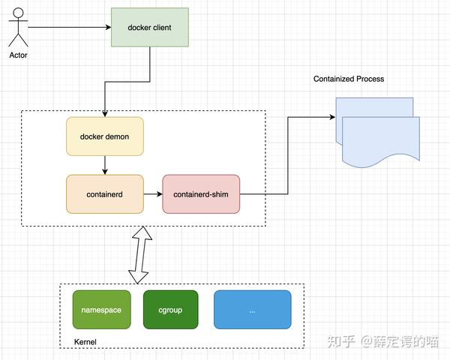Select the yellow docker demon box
(x=104, y=136)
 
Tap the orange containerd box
(x=104, y=194)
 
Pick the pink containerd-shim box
(x=201, y=194)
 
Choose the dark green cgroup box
(x=170, y=310)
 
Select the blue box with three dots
(x=252, y=310)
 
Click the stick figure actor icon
(x=17, y=28)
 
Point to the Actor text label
(x=18, y=55)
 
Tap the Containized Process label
(x=349, y=79)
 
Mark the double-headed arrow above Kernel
(x=139, y=255)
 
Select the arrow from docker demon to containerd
(x=104, y=164)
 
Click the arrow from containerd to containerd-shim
(x=153, y=194)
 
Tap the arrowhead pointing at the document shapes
(x=331, y=117)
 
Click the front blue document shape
(x=378, y=142)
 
